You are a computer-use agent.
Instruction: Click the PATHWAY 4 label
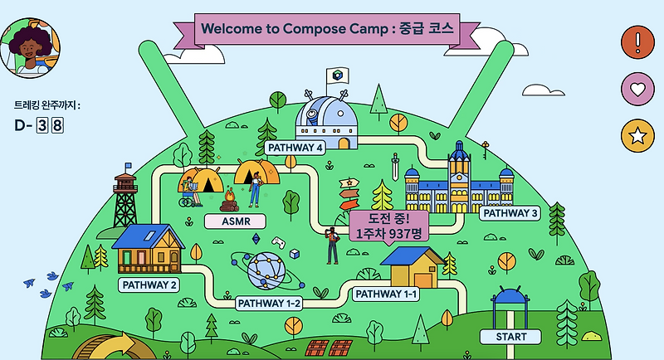click(295, 148)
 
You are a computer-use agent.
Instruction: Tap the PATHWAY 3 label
click(510, 213)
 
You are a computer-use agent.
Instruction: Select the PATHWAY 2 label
click(150, 285)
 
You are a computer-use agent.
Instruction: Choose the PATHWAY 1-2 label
click(269, 303)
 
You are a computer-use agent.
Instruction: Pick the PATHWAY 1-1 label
click(385, 294)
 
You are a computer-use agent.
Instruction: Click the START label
click(510, 337)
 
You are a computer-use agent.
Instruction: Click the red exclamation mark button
click(637, 40)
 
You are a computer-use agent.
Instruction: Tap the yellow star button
click(637, 136)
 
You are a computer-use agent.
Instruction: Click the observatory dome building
click(327, 120)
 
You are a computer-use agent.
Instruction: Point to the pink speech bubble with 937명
click(388, 225)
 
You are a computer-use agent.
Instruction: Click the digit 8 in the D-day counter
click(57, 126)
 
